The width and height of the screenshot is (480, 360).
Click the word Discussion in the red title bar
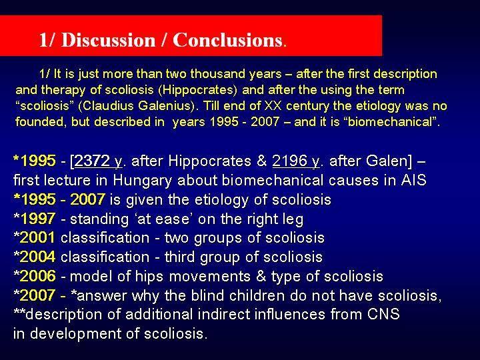109,40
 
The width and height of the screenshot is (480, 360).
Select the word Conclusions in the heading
227,40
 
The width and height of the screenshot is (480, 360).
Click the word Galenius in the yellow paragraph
166,105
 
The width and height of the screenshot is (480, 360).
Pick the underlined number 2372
92,161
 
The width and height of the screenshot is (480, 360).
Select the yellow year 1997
37,219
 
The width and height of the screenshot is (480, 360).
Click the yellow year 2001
37,237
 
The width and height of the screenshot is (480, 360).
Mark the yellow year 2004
37,257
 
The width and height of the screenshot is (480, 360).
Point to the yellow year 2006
37,276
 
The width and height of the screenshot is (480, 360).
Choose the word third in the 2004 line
180,257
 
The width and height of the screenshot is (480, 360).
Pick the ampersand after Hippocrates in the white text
262,161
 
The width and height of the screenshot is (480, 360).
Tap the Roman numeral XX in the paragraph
273,105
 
